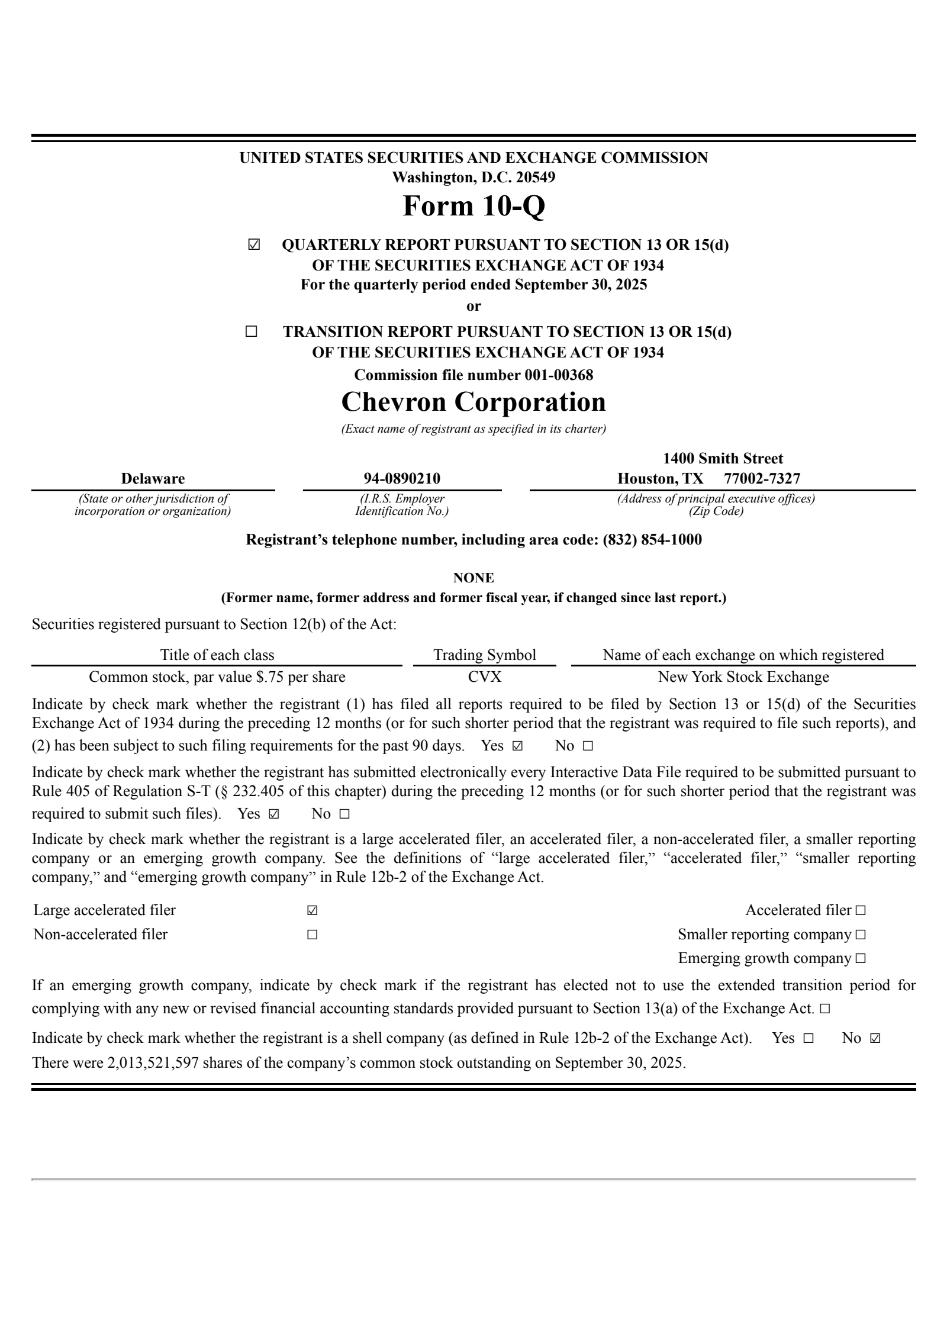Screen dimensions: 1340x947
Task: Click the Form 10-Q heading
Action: point(474,206)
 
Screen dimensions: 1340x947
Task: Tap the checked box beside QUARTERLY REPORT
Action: point(253,245)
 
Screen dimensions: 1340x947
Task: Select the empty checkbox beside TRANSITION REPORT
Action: point(251,331)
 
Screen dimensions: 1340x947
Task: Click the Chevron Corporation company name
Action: point(474,402)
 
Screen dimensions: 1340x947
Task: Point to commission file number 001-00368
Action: point(558,375)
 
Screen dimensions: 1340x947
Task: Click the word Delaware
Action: point(153,478)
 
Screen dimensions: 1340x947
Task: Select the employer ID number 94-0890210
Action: point(402,478)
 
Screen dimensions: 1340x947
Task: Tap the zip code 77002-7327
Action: point(762,478)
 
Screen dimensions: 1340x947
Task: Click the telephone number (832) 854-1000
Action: point(652,539)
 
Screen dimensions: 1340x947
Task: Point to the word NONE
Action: point(474,578)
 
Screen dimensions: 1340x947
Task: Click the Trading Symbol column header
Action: point(485,655)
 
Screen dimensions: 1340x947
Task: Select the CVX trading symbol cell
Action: point(485,677)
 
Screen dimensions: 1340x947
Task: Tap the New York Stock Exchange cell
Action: point(743,677)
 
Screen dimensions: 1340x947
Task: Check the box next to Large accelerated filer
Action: point(312,910)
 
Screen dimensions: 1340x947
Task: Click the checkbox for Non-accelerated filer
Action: point(312,935)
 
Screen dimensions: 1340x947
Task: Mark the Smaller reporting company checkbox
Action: point(861,935)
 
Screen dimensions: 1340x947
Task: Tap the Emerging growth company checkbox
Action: point(861,958)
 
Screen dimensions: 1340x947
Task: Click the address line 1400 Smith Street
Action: point(723,459)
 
